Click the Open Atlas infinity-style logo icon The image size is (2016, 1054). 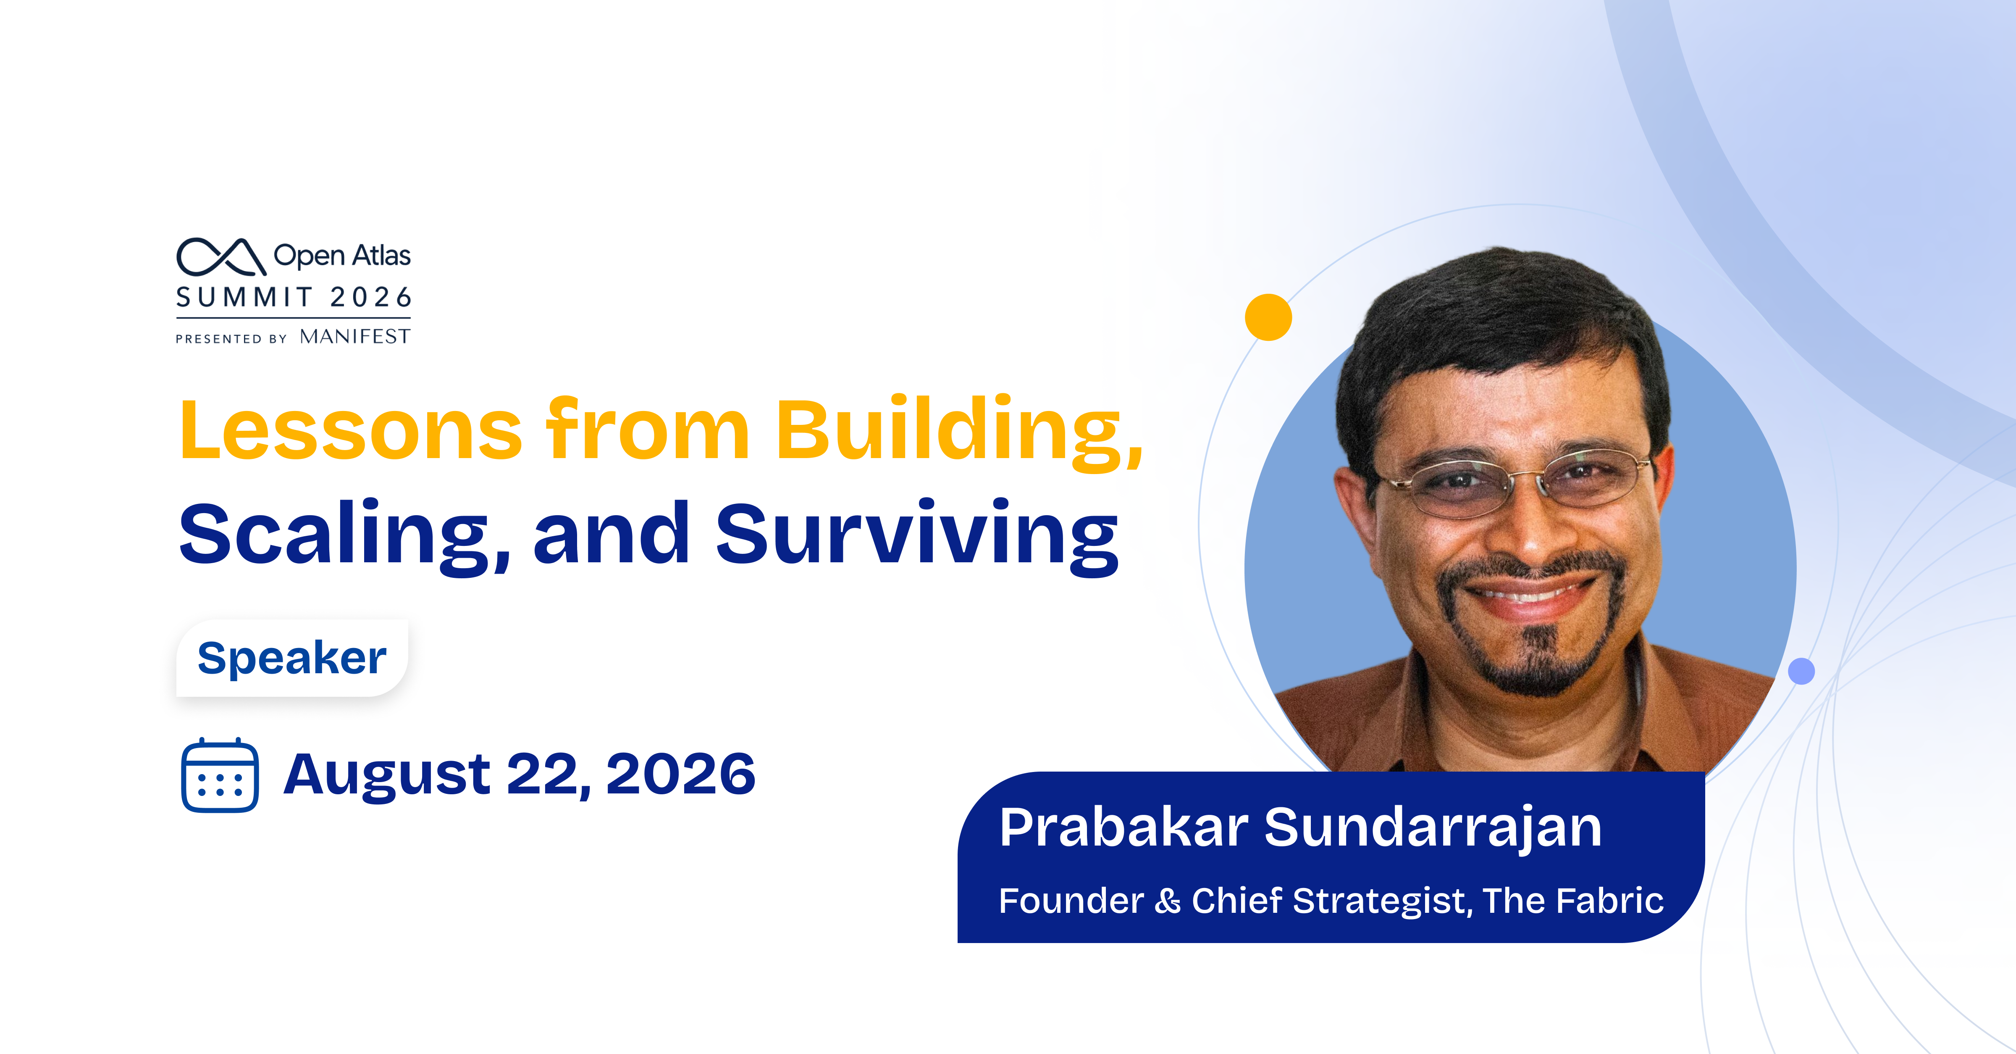(x=221, y=257)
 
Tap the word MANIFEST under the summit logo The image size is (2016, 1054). (x=354, y=337)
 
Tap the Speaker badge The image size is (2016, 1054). (x=292, y=658)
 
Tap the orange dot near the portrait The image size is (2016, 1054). (x=1268, y=317)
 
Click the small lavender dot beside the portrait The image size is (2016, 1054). (x=1801, y=671)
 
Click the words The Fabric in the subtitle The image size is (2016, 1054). (x=1573, y=901)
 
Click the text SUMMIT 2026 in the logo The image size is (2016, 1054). (x=294, y=298)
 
